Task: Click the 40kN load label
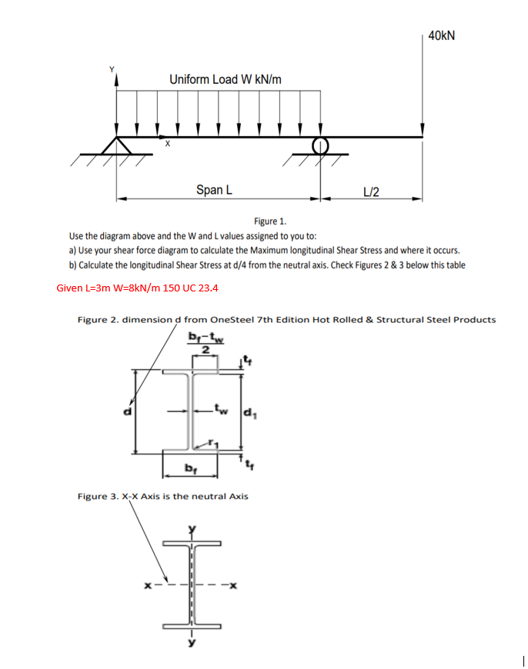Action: [441, 35]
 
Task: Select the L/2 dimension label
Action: [371, 191]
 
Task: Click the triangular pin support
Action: [117, 147]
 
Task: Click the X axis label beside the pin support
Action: [165, 144]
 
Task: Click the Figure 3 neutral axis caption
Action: [163, 496]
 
